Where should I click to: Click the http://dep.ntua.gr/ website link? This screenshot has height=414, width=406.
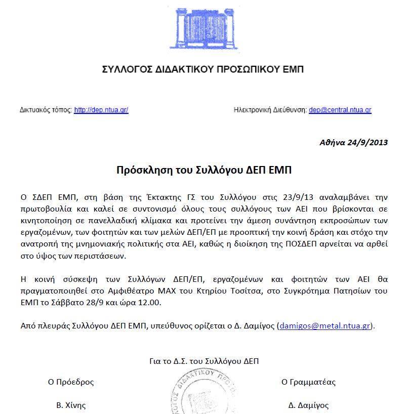tap(101, 110)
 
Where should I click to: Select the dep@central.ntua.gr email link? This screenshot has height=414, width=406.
tap(340, 110)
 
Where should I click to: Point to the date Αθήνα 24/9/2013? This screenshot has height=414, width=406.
tap(353, 142)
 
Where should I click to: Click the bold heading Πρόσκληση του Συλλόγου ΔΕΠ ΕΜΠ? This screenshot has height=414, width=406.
tap(204, 170)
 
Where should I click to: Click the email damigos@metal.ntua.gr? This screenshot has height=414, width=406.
tap(326, 326)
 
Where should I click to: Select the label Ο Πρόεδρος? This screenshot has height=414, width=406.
tap(71, 382)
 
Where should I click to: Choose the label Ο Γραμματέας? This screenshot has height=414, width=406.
tap(308, 382)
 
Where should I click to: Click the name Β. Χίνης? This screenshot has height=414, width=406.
tap(71, 405)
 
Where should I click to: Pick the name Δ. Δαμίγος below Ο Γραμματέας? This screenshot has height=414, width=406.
tap(308, 405)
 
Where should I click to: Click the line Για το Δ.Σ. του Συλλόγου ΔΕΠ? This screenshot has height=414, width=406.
tap(204, 361)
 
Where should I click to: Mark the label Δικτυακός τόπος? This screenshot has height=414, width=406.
tap(46, 110)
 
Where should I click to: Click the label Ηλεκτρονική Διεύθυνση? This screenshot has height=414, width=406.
tap(270, 110)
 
